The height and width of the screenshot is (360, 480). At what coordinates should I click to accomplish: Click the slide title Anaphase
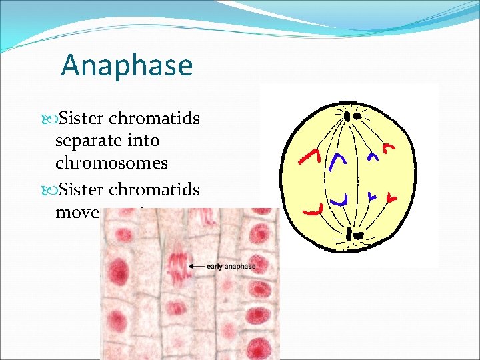[x=127, y=65]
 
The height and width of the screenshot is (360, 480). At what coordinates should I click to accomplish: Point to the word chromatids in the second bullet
[x=154, y=190]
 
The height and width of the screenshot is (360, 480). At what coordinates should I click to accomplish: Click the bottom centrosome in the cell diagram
[x=352, y=235]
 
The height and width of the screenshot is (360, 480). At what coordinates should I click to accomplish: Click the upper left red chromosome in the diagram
[x=310, y=157]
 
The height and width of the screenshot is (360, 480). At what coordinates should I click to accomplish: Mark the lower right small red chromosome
[x=389, y=198]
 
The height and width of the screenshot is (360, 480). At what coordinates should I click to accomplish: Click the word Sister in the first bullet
[x=81, y=119]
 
